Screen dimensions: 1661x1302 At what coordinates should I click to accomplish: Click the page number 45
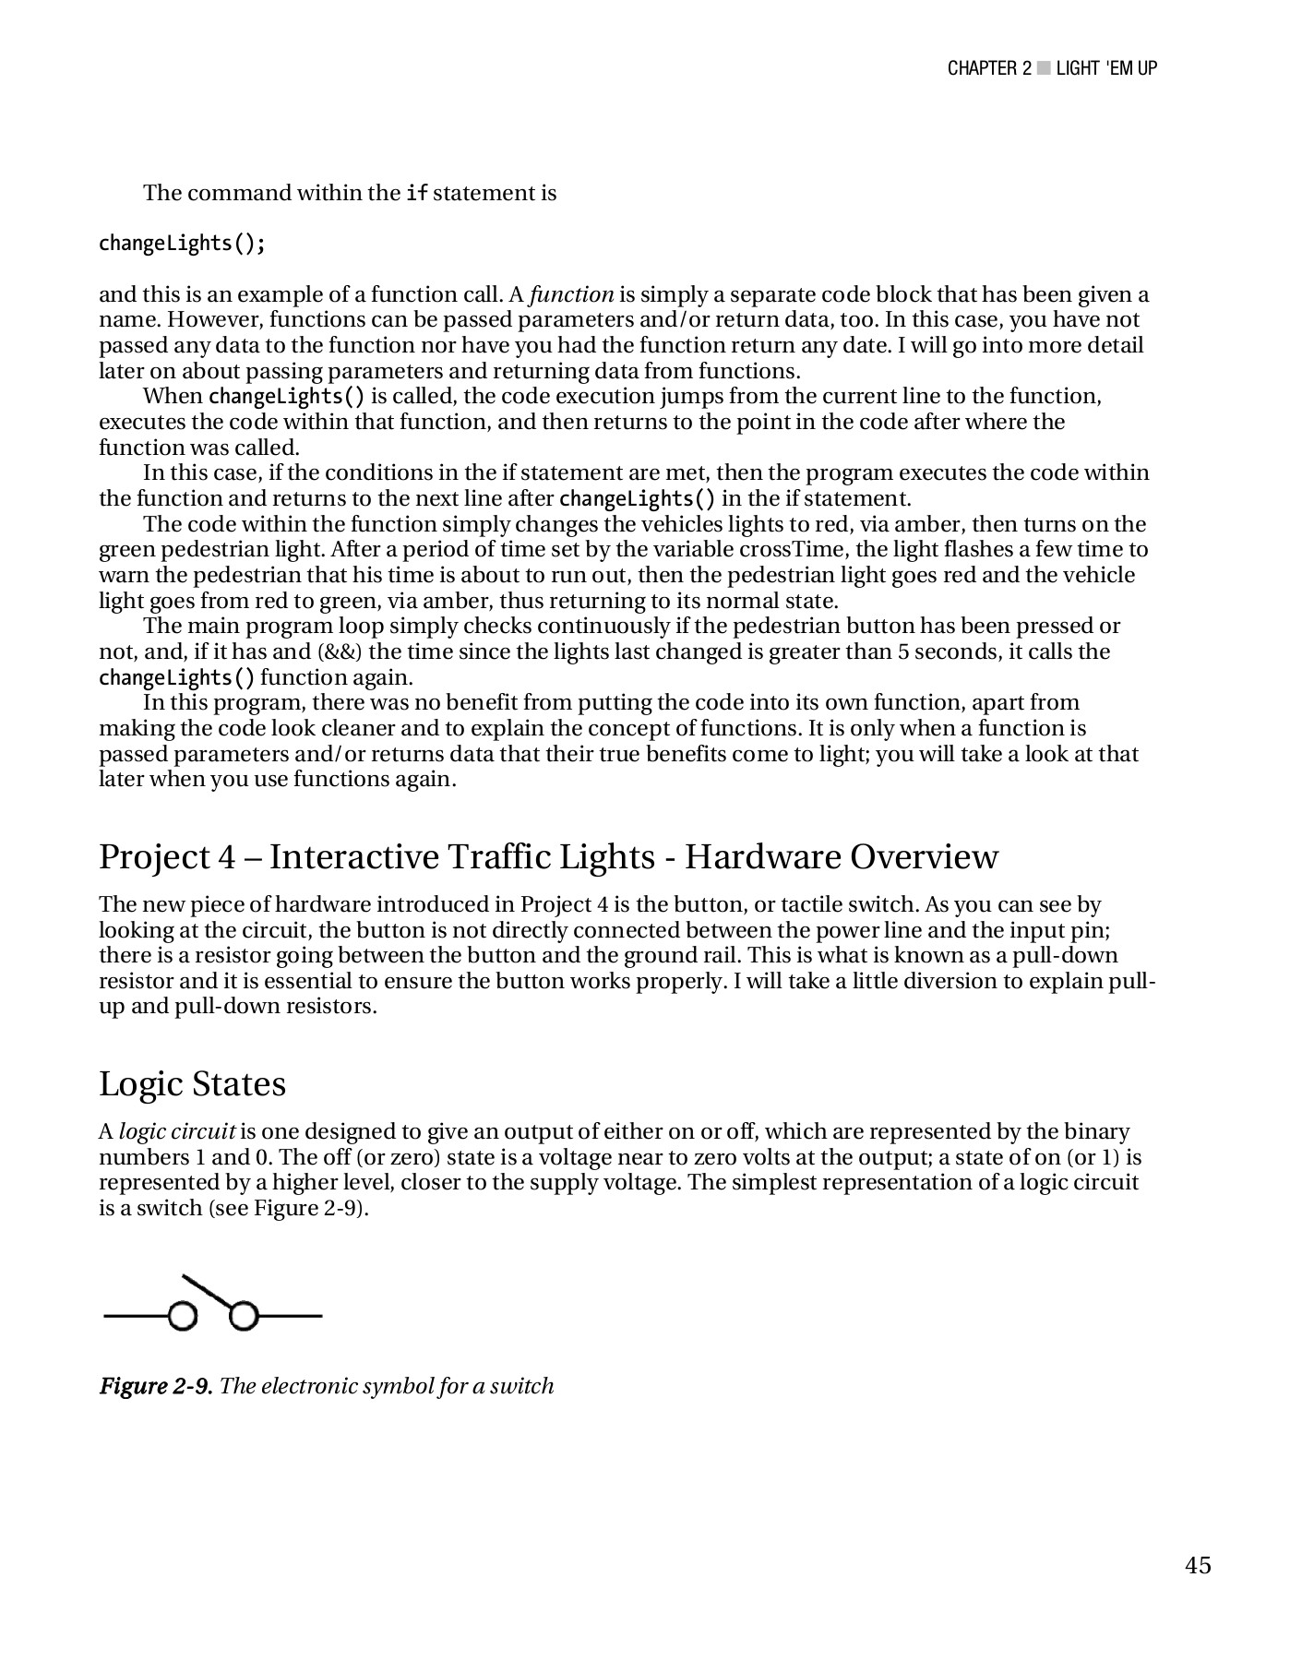(x=1198, y=1565)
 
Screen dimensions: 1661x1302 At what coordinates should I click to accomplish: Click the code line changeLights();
(x=183, y=244)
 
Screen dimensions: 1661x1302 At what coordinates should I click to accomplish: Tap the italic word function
(x=571, y=294)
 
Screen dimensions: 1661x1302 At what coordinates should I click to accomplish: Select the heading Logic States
(x=192, y=1083)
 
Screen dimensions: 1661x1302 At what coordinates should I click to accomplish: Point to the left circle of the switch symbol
(x=184, y=1316)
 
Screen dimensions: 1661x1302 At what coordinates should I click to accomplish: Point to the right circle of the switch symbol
(x=243, y=1316)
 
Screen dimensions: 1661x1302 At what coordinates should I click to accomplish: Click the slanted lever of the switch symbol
(x=210, y=1291)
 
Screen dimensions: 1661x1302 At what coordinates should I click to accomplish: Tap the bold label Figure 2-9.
(x=156, y=1386)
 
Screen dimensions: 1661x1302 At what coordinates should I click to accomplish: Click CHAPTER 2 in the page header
(x=989, y=68)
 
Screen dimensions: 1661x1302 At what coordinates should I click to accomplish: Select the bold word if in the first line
(x=416, y=194)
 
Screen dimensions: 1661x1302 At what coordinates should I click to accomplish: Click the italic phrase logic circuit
(x=177, y=1131)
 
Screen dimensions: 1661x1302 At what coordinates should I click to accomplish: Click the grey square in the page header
(x=1043, y=68)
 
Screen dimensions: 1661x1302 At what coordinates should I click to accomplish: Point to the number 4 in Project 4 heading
(x=227, y=856)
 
